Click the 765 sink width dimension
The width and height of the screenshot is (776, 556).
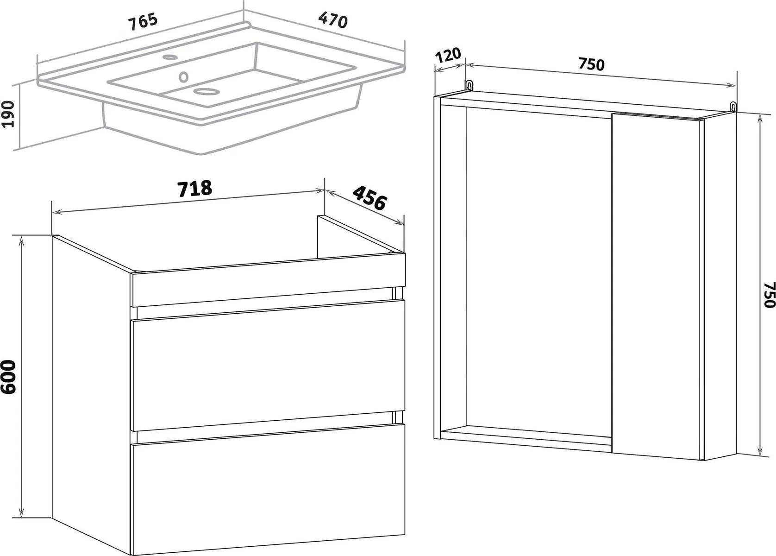[143, 21]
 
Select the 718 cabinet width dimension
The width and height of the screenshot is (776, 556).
[194, 188]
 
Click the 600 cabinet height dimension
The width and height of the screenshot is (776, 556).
[8, 377]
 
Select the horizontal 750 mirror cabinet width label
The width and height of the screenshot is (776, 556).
[591, 64]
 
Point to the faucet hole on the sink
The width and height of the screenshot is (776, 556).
[170, 57]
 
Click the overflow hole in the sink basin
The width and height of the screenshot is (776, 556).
[183, 76]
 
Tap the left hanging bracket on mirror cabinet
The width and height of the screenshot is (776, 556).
[469, 85]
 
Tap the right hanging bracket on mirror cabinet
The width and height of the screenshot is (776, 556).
[734, 107]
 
